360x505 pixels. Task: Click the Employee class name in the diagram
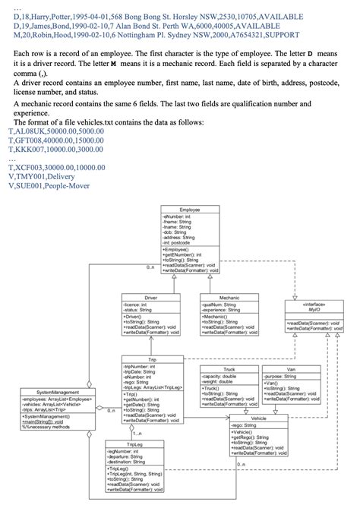[190, 209]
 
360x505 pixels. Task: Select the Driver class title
[151, 298]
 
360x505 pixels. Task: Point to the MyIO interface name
[314, 307]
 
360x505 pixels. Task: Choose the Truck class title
[229, 369]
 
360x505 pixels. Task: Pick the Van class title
[291, 369]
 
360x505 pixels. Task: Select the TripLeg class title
[135, 443]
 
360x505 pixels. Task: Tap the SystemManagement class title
[58, 391]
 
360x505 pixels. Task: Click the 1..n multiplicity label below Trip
[139, 434]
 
